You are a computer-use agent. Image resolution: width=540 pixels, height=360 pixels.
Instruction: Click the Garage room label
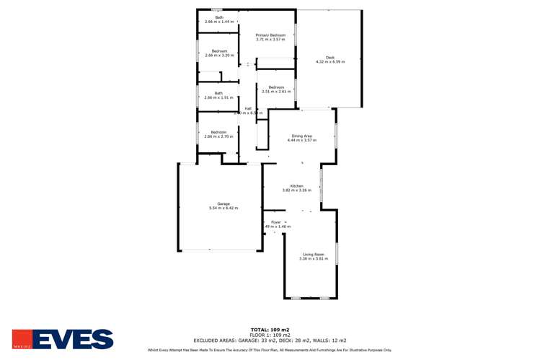(223, 203)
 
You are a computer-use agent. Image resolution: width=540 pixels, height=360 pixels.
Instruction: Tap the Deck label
(330, 57)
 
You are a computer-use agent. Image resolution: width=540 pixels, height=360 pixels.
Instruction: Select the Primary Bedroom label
(271, 35)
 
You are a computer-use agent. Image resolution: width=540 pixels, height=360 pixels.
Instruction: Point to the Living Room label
(313, 254)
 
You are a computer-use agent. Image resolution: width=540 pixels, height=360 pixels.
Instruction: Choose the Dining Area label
(301, 136)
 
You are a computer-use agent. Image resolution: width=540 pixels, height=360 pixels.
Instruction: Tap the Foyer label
(275, 222)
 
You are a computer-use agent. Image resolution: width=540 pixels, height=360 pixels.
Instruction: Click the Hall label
(248, 109)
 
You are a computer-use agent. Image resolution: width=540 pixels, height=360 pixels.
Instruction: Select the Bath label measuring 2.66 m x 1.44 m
(219, 17)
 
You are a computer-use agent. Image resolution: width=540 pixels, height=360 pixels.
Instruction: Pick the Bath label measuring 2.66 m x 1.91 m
(218, 92)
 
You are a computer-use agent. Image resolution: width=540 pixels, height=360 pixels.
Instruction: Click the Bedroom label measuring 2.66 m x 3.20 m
(219, 51)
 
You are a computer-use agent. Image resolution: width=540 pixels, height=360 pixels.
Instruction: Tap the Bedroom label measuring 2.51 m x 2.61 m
(276, 87)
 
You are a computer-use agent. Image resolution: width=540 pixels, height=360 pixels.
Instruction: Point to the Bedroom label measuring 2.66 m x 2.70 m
(219, 132)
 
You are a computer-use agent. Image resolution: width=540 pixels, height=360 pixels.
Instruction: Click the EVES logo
(63, 339)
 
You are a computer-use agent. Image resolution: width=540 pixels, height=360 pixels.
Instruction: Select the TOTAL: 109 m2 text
(270, 329)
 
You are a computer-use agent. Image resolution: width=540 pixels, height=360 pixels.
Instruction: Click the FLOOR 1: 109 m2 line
(270, 335)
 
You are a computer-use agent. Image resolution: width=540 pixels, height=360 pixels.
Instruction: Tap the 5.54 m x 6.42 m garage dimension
(223, 208)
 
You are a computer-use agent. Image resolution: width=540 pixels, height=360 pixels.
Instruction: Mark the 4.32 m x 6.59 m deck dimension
(330, 61)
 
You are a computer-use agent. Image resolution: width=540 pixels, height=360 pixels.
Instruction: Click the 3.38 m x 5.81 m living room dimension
(313, 258)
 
